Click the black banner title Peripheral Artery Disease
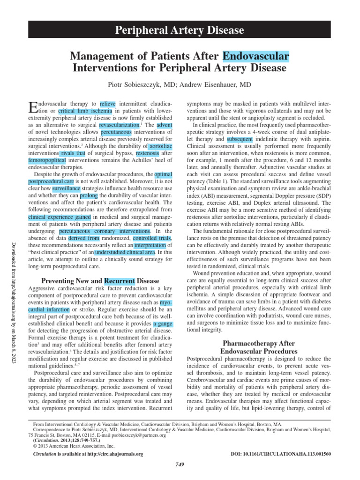[x=180, y=31]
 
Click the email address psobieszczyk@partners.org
[x=135, y=435]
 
